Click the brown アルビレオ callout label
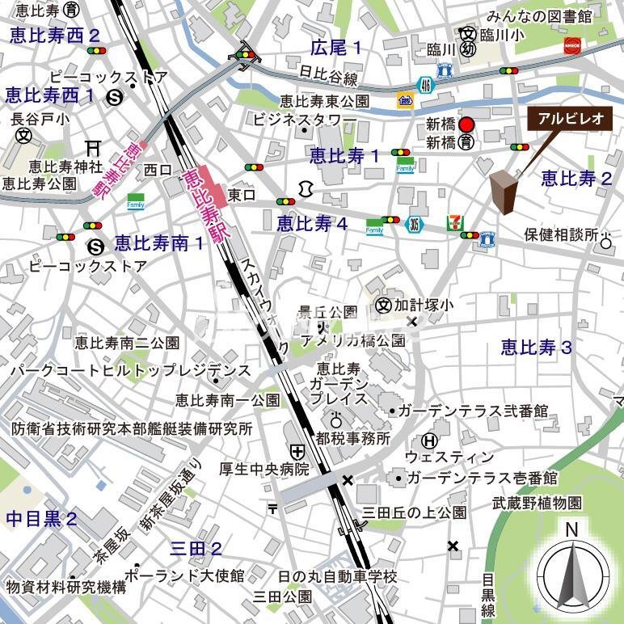570,119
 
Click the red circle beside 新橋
466,124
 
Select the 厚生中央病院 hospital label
264,469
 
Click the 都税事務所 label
353,438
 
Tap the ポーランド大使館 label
185,576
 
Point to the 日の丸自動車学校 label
337,576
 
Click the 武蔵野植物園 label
538,502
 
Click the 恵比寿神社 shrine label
65,167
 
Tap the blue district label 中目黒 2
42,518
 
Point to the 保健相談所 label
560,234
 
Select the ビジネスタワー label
305,120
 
